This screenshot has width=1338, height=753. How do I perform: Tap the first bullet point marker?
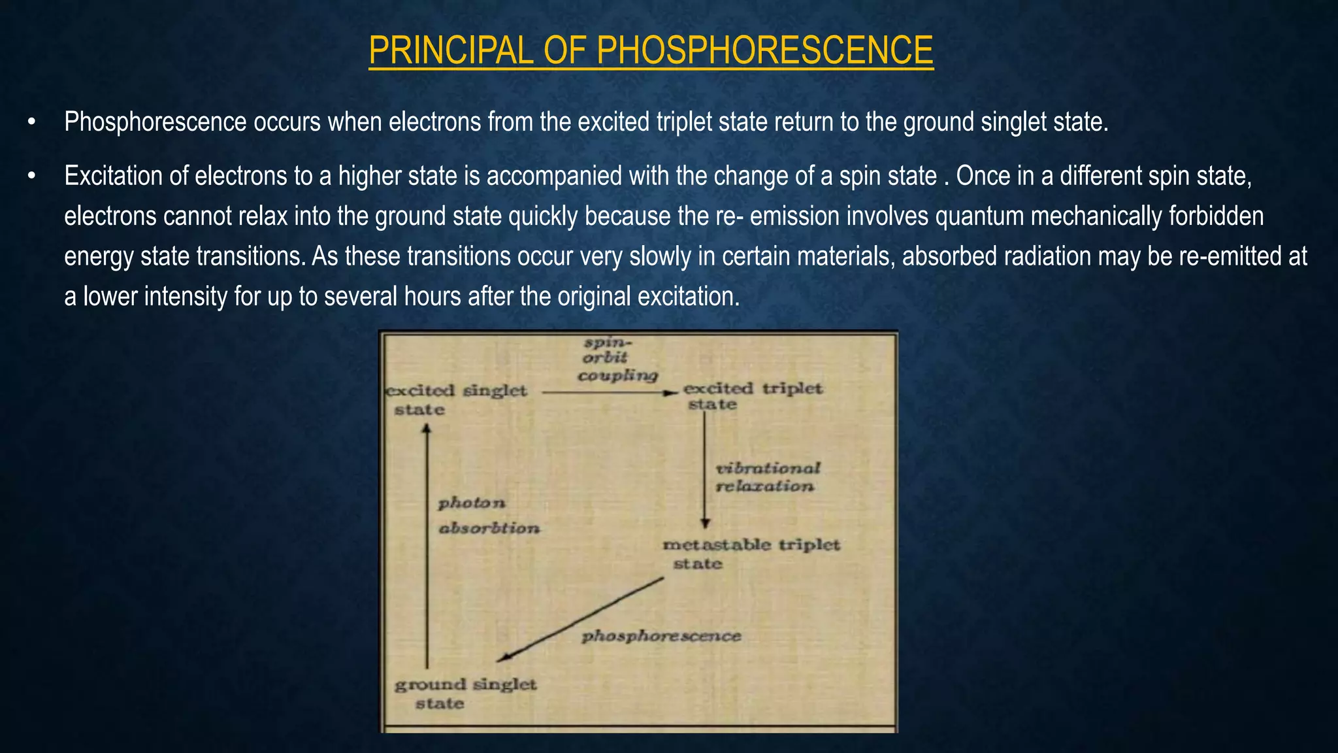coord(31,122)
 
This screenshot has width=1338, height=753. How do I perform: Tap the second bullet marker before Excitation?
coord(31,176)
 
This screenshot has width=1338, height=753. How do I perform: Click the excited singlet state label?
coord(457,399)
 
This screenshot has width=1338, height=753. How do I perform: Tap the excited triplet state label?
coord(751,396)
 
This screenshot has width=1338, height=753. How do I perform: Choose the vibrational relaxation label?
coord(767,477)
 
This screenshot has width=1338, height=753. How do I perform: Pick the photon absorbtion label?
coord(487,516)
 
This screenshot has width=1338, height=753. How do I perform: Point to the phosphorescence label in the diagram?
coord(661,636)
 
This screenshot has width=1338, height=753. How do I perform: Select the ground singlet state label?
coord(465,694)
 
